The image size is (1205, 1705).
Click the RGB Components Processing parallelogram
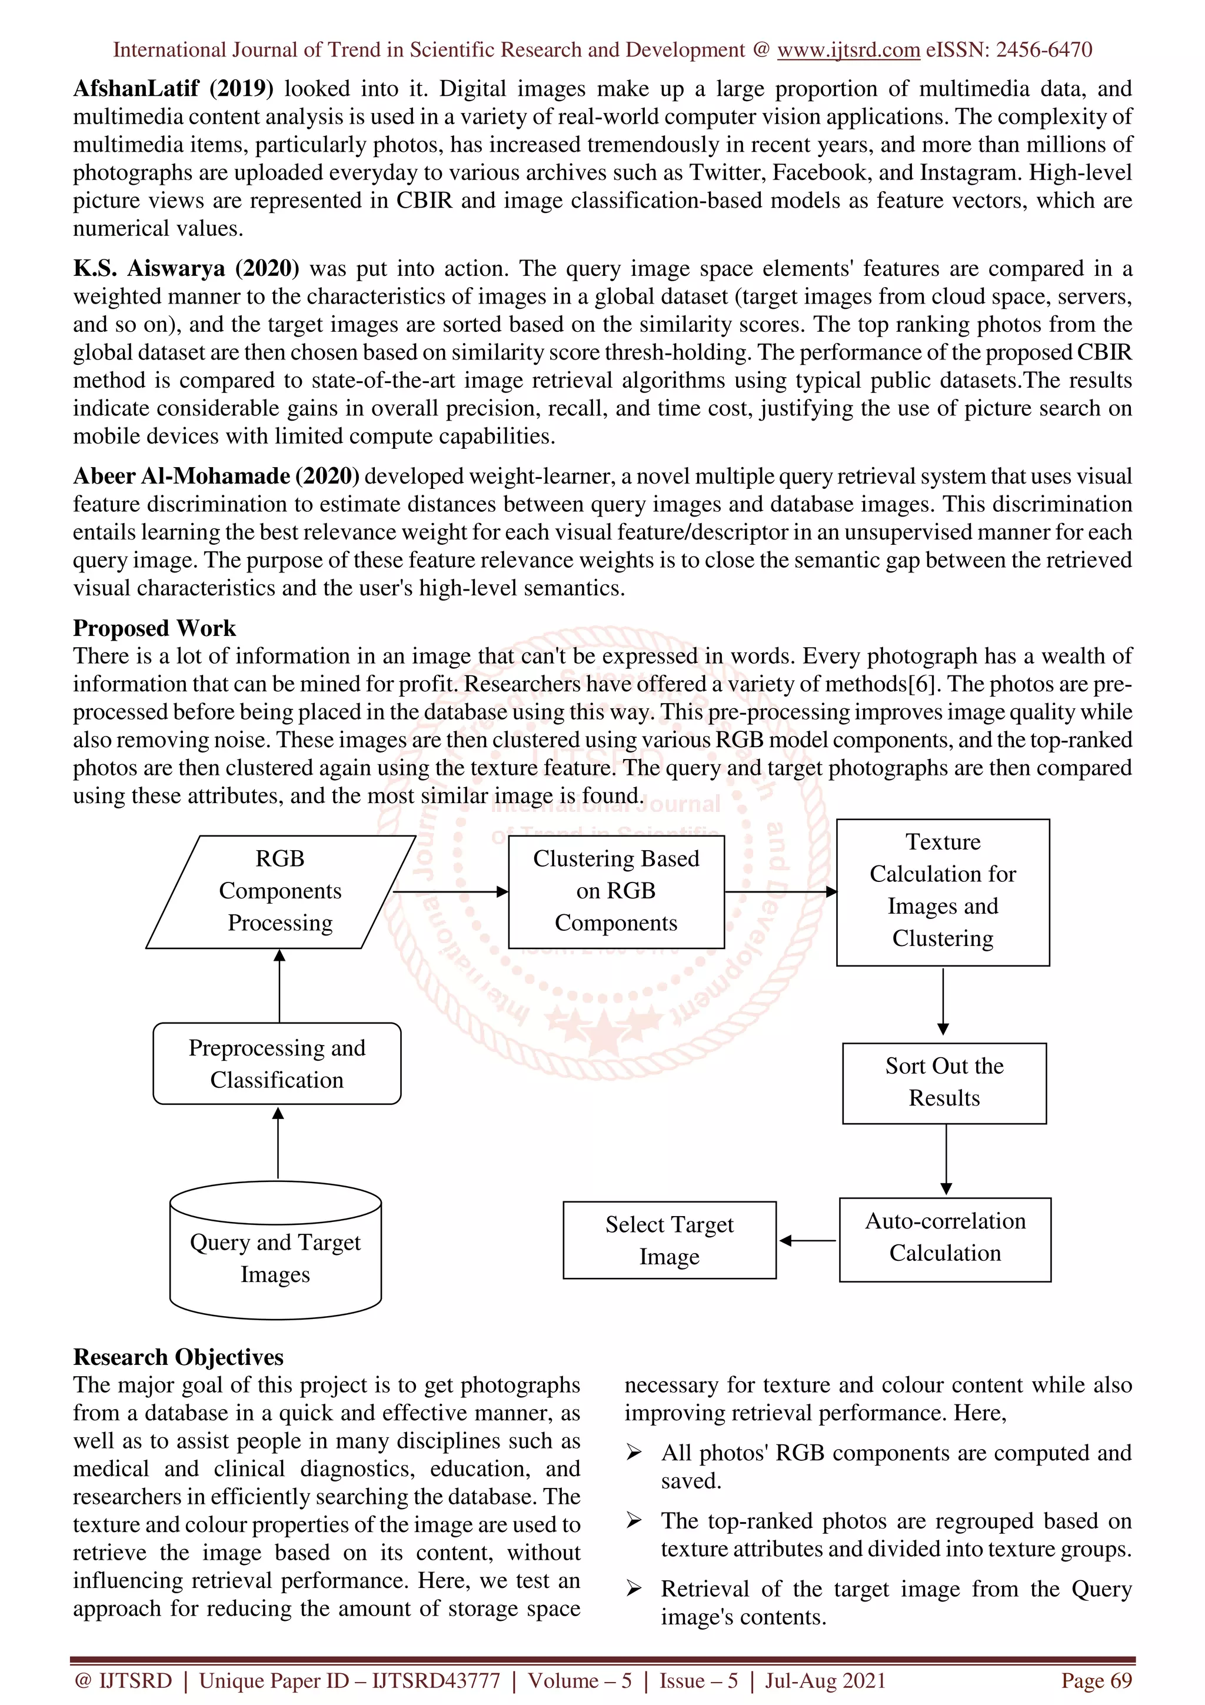(280, 891)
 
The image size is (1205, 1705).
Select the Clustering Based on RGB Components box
(615, 891)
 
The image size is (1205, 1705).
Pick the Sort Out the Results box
(944, 1082)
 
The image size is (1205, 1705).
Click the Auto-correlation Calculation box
(944, 1238)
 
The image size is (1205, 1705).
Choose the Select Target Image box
(669, 1240)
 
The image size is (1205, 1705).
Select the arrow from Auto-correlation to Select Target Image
(807, 1240)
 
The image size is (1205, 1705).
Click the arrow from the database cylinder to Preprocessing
(278, 1144)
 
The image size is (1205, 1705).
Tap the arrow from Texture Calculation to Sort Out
(943, 1001)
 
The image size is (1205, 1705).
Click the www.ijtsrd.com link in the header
(848, 50)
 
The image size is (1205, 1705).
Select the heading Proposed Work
(154, 628)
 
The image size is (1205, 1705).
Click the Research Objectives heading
(178, 1357)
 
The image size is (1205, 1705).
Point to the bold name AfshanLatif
(135, 88)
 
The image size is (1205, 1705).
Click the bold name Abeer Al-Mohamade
(181, 476)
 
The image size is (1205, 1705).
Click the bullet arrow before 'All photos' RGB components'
(633, 1453)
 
